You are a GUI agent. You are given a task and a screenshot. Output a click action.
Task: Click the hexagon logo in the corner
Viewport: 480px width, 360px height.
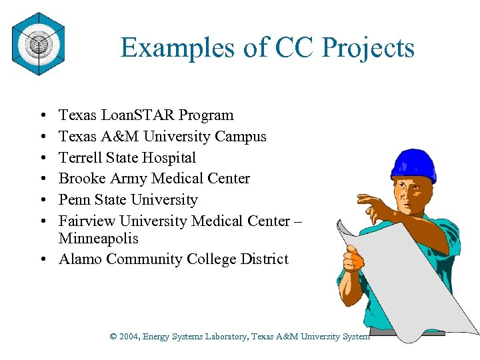(x=37, y=45)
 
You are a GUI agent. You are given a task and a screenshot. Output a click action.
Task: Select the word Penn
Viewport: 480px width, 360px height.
(x=73, y=200)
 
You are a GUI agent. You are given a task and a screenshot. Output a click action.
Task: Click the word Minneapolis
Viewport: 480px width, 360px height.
(x=98, y=238)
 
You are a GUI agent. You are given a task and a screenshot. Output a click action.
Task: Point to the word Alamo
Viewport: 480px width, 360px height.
(x=80, y=259)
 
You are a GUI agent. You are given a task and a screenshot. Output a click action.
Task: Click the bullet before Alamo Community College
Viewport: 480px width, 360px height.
(x=42, y=260)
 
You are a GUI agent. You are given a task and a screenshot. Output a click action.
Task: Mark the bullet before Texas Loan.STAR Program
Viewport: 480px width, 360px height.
(x=42, y=116)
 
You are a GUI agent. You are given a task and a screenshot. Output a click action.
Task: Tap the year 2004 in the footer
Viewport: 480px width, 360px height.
(x=128, y=337)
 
